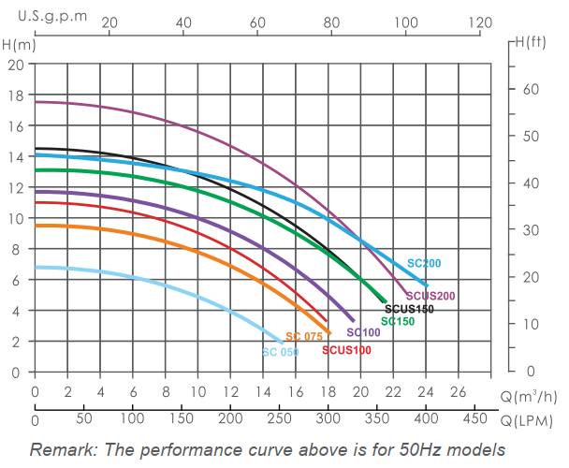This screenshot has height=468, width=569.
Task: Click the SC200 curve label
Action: point(423,264)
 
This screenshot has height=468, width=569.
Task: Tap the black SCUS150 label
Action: point(409,309)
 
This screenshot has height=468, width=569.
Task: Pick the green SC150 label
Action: point(398,321)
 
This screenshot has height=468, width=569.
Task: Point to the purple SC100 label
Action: point(363,332)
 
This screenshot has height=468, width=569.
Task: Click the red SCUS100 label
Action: point(346,350)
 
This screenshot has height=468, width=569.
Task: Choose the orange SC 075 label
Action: point(304,337)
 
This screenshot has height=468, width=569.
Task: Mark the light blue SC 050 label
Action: point(281,352)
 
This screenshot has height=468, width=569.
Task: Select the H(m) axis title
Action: point(20,43)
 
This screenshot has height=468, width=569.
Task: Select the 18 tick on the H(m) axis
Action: point(16,95)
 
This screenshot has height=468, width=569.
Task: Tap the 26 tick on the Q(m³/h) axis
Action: point(458,391)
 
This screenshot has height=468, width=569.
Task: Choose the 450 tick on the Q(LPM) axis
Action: point(474,417)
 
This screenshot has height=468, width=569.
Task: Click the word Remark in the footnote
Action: point(62,449)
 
